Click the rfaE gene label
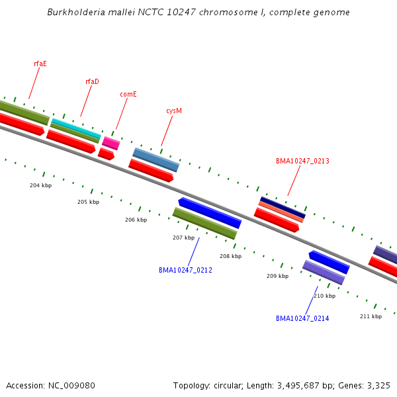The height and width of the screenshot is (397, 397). (40, 64)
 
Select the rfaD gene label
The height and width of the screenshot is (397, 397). (92, 81)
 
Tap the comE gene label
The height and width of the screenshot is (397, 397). (128, 94)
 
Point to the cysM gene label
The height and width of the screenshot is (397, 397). (174, 110)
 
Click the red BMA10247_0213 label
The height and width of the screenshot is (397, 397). (302, 161)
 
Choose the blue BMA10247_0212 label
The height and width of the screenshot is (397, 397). (185, 270)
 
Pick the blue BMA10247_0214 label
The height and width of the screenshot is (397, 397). (302, 318)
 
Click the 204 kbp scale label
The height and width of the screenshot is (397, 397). (41, 185)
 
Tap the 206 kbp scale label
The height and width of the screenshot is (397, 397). (136, 220)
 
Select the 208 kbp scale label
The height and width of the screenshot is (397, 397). (231, 256)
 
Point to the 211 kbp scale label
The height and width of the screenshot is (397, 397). (371, 316)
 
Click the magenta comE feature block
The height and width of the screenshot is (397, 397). (111, 143)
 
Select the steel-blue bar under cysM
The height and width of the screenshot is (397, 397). (156, 159)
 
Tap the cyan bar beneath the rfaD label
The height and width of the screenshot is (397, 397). (76, 128)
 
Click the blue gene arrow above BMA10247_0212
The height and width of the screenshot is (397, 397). (210, 212)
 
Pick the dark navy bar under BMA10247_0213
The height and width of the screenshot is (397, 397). (283, 207)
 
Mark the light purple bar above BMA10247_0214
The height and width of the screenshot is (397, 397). (324, 273)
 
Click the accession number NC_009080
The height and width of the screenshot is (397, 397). (71, 386)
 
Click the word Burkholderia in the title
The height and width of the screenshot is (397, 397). (76, 12)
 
